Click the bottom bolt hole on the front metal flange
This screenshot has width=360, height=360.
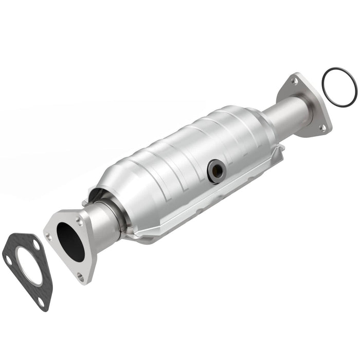coord(80,276)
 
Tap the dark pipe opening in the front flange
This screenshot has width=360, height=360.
coord(70,242)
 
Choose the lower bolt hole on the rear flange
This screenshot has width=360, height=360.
coord(322,128)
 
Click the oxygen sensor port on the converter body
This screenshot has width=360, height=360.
coord(215,171)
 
